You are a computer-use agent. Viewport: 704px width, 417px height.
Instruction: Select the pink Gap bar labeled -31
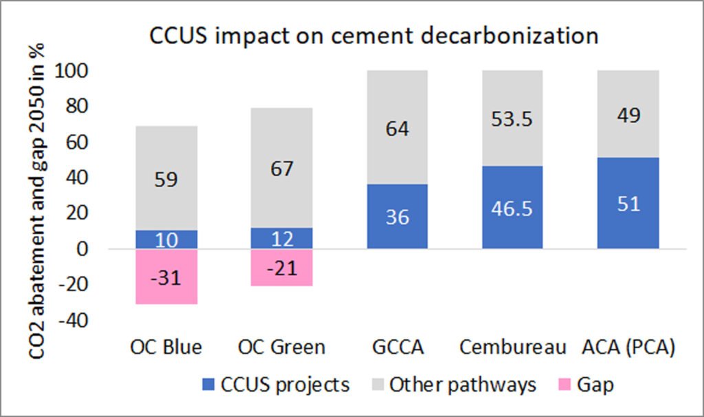click(x=166, y=276)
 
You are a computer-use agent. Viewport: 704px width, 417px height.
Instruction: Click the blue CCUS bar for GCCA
click(x=397, y=216)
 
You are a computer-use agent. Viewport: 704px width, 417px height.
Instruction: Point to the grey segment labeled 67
click(x=282, y=168)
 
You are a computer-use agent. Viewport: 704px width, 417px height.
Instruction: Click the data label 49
click(x=628, y=114)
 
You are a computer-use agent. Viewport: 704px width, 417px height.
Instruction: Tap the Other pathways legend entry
click(x=450, y=384)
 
